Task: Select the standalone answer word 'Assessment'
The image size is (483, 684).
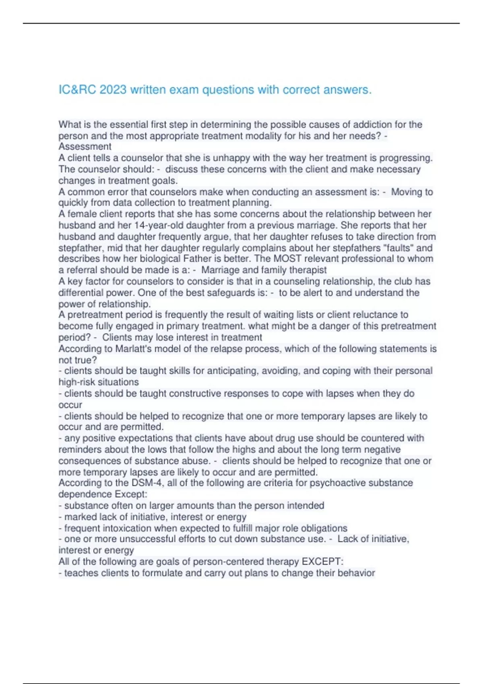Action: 85,147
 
